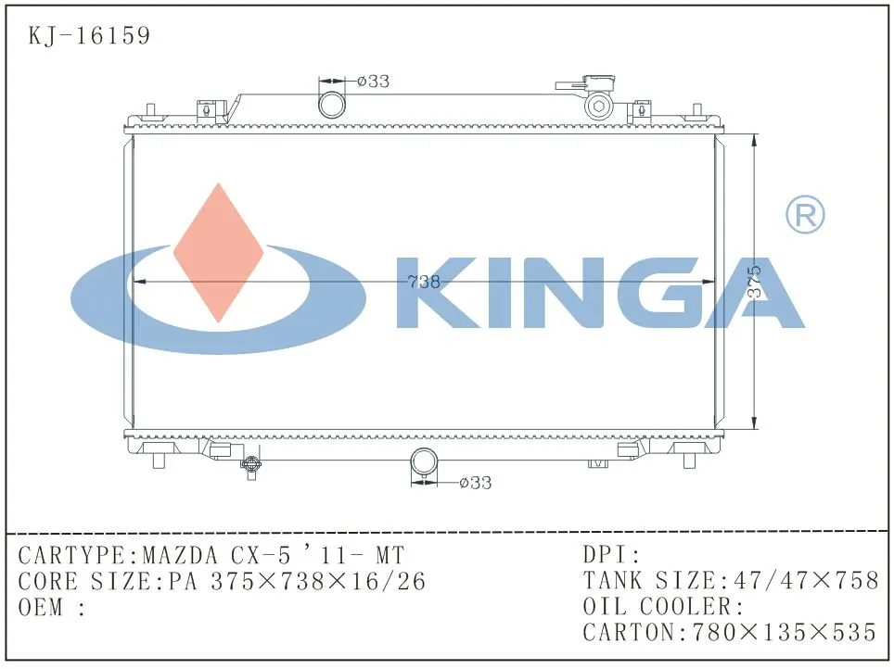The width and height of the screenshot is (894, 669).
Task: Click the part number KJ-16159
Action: (x=89, y=36)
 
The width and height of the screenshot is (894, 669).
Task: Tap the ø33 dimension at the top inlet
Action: (x=373, y=82)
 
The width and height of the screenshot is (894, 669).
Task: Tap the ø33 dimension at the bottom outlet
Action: (x=475, y=483)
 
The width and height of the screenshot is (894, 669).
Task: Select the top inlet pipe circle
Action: (x=331, y=105)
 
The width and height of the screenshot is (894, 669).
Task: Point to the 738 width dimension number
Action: (x=424, y=283)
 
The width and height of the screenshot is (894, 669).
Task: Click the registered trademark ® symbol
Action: (x=804, y=215)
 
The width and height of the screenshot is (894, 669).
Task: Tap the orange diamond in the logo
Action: (x=219, y=252)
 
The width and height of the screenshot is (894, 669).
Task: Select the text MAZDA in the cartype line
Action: (x=181, y=556)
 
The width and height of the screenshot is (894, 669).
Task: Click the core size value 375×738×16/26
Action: (x=318, y=582)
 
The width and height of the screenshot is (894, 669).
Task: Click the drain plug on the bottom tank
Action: (x=250, y=466)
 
